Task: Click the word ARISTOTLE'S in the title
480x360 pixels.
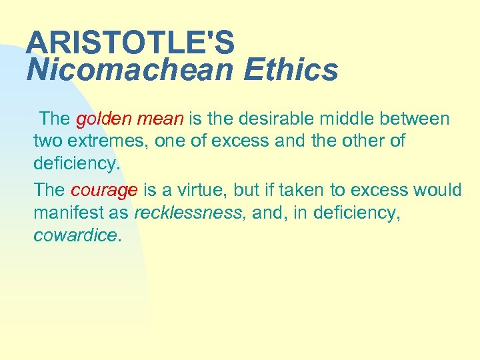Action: (x=130, y=43)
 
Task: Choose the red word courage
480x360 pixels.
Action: (x=104, y=190)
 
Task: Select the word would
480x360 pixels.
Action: (x=437, y=190)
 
